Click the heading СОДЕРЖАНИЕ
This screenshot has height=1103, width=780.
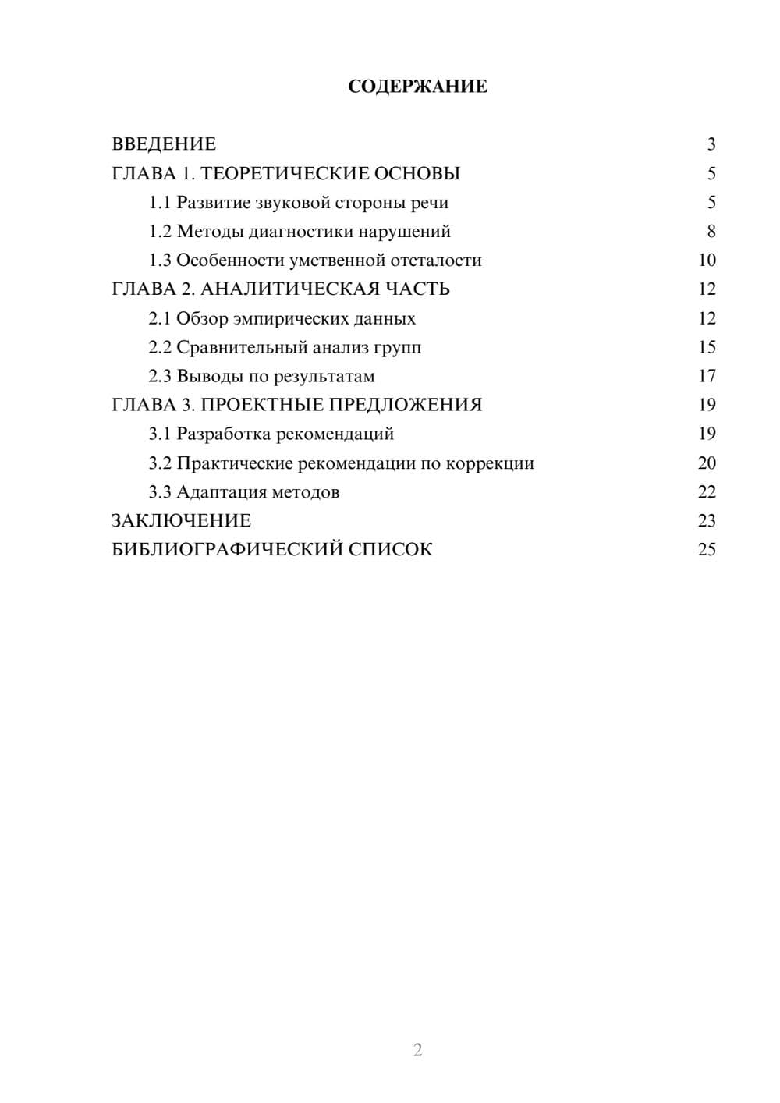click(x=417, y=87)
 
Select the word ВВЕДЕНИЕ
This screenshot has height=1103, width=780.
click(x=164, y=144)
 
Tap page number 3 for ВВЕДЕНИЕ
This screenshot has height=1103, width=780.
click(x=711, y=144)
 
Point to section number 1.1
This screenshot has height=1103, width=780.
click(x=160, y=203)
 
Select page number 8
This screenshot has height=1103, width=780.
click(x=711, y=232)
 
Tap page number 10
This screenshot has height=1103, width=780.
click(x=707, y=261)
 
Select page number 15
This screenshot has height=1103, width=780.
click(x=707, y=347)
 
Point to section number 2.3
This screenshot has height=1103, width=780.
click(x=160, y=377)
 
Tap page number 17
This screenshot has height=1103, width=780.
click(x=707, y=377)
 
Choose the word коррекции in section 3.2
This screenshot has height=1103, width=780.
click(x=490, y=463)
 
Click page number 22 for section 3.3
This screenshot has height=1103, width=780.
click(x=707, y=492)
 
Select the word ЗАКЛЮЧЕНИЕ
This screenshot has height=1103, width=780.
click(x=181, y=520)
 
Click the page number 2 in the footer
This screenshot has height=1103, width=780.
click(x=417, y=1050)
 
